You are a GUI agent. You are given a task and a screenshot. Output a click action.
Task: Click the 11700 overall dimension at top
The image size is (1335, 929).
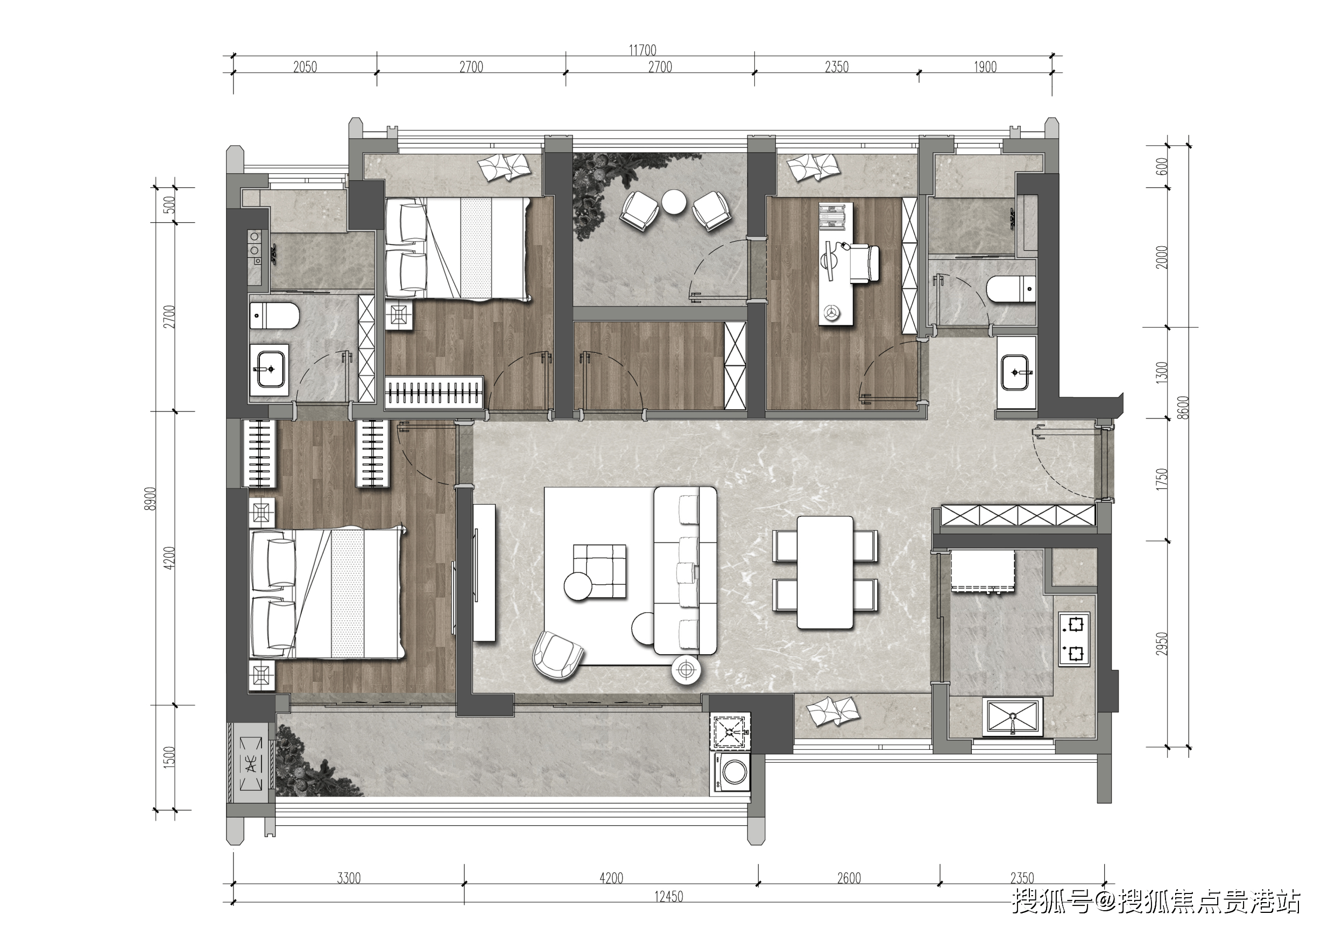pyautogui.click(x=642, y=50)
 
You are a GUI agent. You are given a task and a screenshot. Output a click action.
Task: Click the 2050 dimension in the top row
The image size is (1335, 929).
pyautogui.click(x=305, y=67)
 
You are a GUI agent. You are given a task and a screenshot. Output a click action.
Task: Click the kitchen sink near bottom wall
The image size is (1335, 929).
pyautogui.click(x=1012, y=717)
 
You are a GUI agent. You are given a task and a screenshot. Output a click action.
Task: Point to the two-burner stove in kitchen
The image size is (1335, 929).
pyautogui.click(x=1075, y=639)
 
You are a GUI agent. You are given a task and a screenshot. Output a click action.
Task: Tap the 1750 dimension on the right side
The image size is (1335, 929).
pyautogui.click(x=1161, y=480)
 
